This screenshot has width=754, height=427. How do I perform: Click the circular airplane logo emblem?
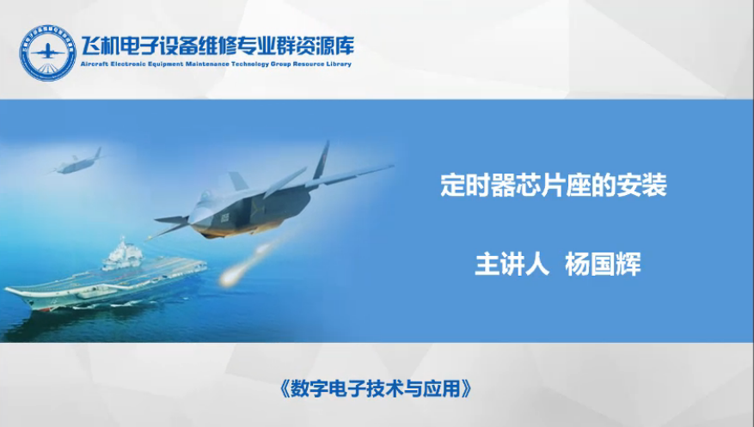(47, 52)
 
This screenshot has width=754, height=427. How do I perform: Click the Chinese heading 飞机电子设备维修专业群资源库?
(218, 46)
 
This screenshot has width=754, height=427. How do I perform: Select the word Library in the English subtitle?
(339, 64)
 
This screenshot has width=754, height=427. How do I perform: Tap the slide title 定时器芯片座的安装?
(554, 185)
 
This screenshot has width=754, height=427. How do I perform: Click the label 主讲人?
(512, 264)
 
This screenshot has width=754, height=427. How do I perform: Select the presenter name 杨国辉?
(603, 264)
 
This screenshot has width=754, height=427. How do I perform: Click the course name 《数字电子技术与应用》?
(375, 388)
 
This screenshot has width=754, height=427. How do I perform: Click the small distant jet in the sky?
(77, 162)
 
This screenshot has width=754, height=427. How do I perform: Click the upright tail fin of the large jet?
(322, 160)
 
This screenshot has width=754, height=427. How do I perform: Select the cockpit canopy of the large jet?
(205, 196)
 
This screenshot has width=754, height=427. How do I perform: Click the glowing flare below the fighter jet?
(230, 278)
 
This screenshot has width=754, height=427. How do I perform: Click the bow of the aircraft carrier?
(10, 290)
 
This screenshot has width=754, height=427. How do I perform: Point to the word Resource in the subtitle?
(309, 64)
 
